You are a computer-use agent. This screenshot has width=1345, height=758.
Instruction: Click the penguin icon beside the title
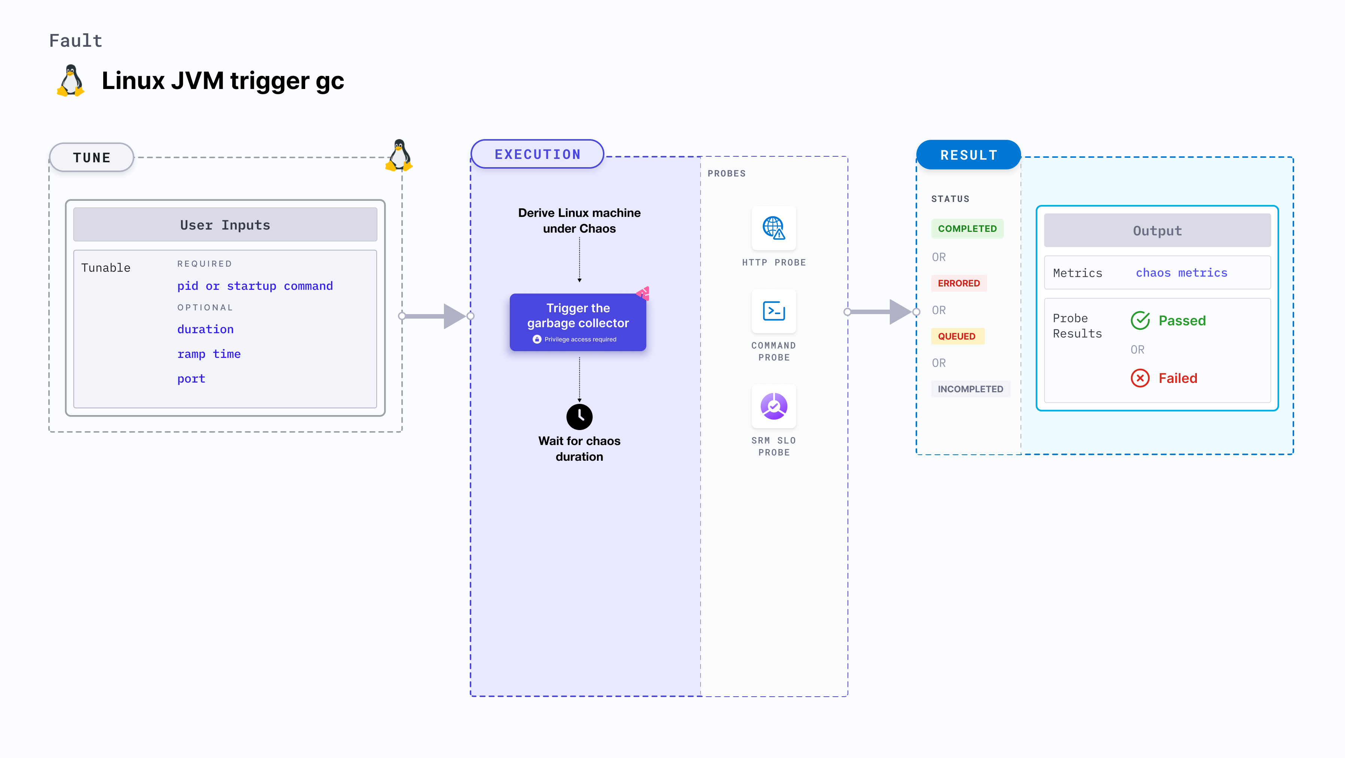pos(70,81)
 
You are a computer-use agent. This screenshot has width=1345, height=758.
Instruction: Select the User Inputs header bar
pos(225,225)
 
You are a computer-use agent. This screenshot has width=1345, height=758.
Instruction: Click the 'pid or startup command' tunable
pos(255,286)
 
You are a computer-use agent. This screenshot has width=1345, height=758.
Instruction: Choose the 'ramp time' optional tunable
pos(209,354)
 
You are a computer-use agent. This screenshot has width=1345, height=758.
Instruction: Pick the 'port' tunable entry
pos(191,378)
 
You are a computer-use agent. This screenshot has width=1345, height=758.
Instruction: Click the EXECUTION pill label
pos(537,154)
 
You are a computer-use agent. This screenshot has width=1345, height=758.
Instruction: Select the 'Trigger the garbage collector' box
pos(578,322)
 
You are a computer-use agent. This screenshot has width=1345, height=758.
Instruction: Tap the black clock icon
pos(579,417)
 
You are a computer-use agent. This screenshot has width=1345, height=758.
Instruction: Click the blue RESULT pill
pos(969,155)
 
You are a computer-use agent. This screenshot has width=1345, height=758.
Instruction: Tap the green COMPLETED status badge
pos(967,228)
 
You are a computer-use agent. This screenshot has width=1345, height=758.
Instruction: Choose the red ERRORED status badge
pos(959,283)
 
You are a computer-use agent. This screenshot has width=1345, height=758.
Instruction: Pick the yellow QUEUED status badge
pos(956,336)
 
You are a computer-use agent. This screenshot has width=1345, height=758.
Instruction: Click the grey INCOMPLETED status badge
pos(970,389)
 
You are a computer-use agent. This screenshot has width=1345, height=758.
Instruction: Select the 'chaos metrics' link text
pos(1182,273)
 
